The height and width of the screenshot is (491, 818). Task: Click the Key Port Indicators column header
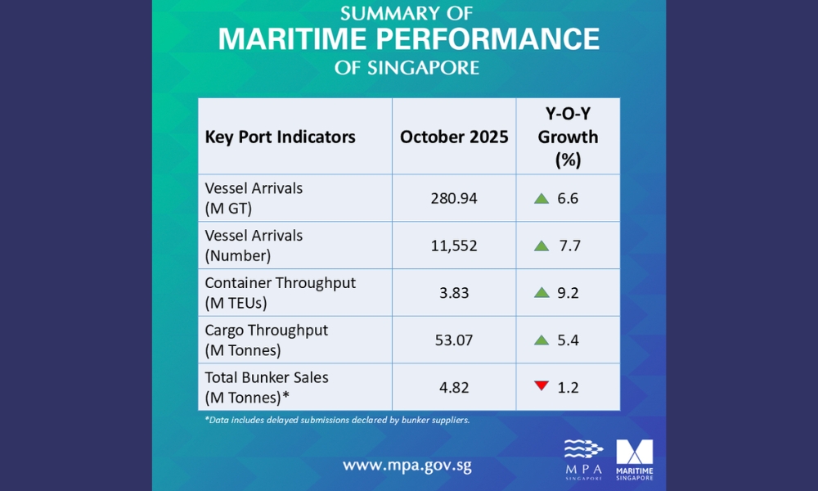280,137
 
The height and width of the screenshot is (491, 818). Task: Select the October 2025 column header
454,137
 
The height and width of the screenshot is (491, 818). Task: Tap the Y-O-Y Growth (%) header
568,137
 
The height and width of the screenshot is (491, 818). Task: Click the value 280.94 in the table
454,197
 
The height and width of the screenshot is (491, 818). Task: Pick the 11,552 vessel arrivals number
454,245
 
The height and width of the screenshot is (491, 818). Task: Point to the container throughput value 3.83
454,292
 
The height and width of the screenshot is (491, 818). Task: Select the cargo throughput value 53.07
454,340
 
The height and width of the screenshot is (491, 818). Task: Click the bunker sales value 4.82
454,387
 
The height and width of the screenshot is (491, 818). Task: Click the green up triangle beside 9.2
541,292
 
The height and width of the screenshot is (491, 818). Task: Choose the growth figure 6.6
568,197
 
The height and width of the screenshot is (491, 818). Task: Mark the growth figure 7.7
568,245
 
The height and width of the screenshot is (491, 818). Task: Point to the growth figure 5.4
568,340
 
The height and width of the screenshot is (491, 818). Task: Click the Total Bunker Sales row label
266,387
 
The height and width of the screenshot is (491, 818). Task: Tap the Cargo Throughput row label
266,340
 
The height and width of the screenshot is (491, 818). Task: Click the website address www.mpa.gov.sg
407,466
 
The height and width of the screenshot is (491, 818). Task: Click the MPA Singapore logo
584,459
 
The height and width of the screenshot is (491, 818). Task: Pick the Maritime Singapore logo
634,459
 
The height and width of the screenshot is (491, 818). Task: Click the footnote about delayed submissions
337,420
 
